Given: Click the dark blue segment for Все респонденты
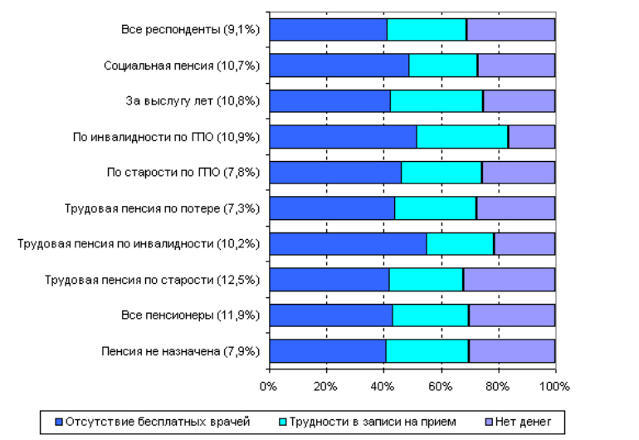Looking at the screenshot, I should point(328,29).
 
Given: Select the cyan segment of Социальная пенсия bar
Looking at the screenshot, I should point(443,65).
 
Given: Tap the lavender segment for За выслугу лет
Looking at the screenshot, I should point(519,100).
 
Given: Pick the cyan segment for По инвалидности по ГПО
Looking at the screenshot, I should point(462,136).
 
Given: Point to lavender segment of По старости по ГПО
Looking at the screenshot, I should point(518,172).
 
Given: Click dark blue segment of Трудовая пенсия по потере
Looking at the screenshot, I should point(332,208).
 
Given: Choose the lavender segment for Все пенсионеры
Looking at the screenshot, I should point(512,315).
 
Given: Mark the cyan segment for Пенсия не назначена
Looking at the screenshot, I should point(427,351).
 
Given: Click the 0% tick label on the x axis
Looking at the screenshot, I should point(268,386).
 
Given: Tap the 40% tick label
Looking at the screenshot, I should point(383,386).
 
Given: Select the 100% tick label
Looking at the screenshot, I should point(554,386).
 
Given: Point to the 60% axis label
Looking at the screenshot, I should point(440,386).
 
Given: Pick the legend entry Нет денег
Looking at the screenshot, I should point(523,422).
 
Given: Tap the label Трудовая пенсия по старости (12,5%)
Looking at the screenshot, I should point(153,280).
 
